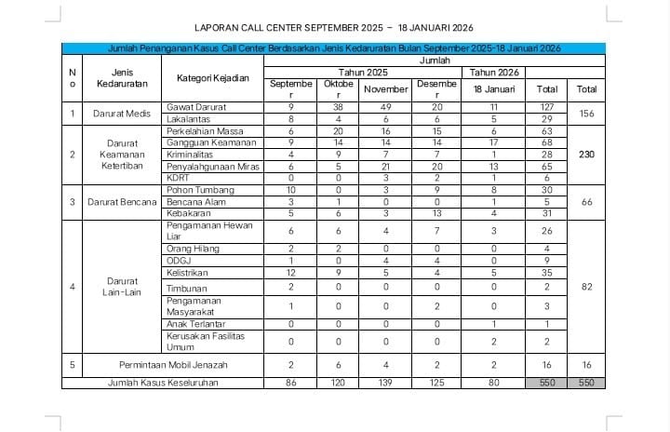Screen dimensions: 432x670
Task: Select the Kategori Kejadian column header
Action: click(213, 77)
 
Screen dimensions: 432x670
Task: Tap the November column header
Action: click(385, 89)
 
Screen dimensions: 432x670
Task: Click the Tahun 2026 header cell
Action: click(493, 71)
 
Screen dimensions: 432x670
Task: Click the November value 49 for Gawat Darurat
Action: click(385, 108)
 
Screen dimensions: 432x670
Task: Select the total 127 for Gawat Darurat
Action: click(547, 108)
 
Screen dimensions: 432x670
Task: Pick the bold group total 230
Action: click(586, 154)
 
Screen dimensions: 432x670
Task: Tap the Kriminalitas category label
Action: click(191, 154)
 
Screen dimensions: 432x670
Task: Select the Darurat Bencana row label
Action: click(122, 201)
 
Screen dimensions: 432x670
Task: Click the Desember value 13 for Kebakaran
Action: click(436, 212)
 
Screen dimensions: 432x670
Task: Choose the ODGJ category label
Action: click(178, 262)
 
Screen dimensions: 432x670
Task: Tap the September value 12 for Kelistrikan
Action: click(291, 274)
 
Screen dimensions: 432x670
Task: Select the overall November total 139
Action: click(385, 383)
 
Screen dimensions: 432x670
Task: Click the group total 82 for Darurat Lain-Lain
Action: click(586, 287)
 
